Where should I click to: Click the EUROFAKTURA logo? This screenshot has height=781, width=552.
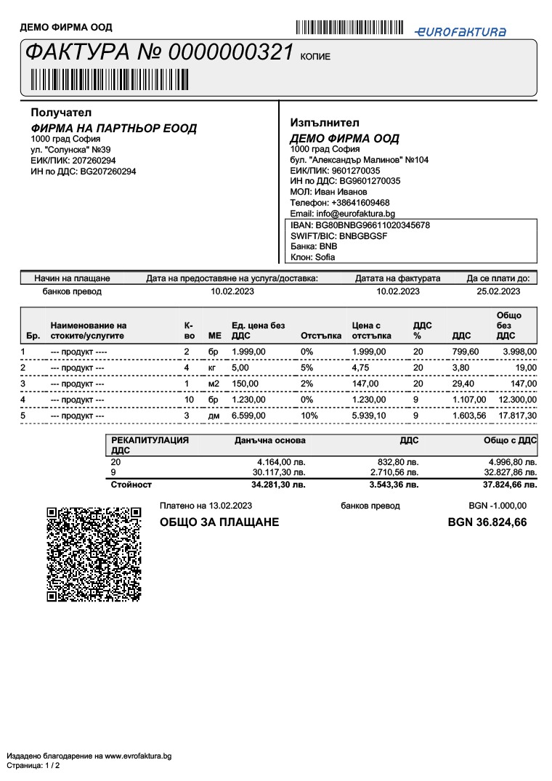(x=460, y=31)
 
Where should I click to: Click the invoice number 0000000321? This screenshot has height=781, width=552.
(x=231, y=52)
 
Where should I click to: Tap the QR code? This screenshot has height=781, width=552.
(x=94, y=554)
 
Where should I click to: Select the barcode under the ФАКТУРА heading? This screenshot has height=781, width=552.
(x=109, y=78)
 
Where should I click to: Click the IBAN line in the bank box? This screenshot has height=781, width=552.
(x=360, y=225)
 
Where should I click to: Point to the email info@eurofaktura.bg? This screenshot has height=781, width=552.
(x=342, y=214)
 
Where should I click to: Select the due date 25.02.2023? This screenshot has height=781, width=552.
(x=498, y=291)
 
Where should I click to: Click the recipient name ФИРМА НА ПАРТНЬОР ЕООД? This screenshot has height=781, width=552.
(x=113, y=129)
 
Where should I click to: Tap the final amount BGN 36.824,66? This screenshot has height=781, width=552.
(x=487, y=522)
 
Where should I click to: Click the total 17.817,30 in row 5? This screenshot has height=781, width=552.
(x=516, y=416)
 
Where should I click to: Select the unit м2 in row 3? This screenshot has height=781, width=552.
(x=214, y=384)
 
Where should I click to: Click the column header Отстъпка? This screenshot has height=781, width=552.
(x=320, y=336)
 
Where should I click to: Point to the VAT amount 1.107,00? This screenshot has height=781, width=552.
(x=468, y=400)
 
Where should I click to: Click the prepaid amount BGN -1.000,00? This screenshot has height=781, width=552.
(x=498, y=506)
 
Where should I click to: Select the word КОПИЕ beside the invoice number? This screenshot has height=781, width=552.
(x=315, y=57)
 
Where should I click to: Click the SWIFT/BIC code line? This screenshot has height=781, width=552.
(x=338, y=236)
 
